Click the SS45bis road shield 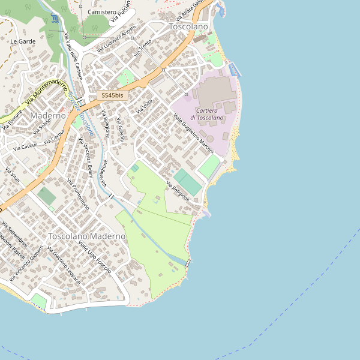pos(112,95)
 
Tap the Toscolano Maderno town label pos(88,236)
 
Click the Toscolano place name pos(188,27)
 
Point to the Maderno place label pos(48,115)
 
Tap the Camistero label pos(102,12)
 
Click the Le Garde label pos(23,41)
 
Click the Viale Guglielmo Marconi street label pos(193,133)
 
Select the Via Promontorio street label pos(79,194)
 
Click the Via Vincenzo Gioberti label pos(26,262)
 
